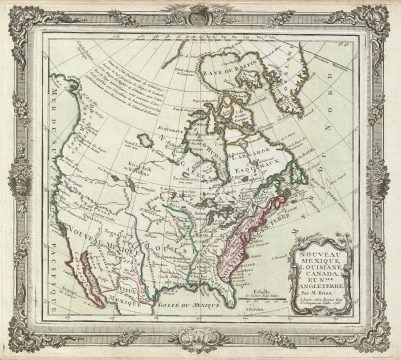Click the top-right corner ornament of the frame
pyautogui.click(x=386, y=15)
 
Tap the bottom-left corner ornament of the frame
pyautogui.click(x=14, y=345)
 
